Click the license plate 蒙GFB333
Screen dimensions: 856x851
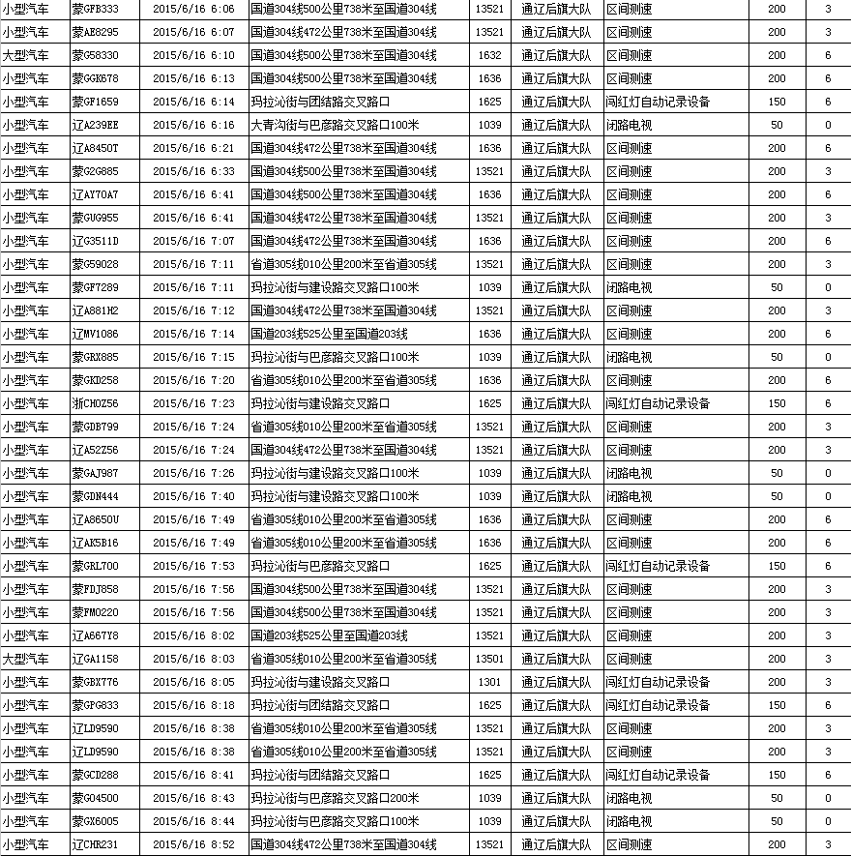tap(96, 9)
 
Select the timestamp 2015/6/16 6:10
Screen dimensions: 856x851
tap(193, 55)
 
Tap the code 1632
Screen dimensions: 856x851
tap(489, 55)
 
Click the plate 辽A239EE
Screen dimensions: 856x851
tap(96, 125)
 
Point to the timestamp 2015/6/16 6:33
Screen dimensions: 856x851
tap(193, 171)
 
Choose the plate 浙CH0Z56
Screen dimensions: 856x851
tap(96, 403)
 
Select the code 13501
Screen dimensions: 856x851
tap(489, 659)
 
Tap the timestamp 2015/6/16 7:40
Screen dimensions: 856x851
tap(193, 496)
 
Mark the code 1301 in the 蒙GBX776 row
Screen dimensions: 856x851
tap(489, 682)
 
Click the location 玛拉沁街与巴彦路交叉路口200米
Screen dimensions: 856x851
tap(335, 798)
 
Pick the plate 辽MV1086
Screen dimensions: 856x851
tap(96, 334)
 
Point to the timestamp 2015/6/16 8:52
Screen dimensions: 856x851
tap(193, 844)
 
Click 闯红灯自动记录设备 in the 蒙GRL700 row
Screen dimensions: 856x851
tap(658, 566)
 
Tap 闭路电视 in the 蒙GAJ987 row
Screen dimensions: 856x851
tap(629, 473)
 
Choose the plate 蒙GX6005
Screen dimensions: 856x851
tap(96, 821)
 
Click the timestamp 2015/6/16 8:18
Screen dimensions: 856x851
tap(193, 705)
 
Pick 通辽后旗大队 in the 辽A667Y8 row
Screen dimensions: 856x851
tap(555, 635)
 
